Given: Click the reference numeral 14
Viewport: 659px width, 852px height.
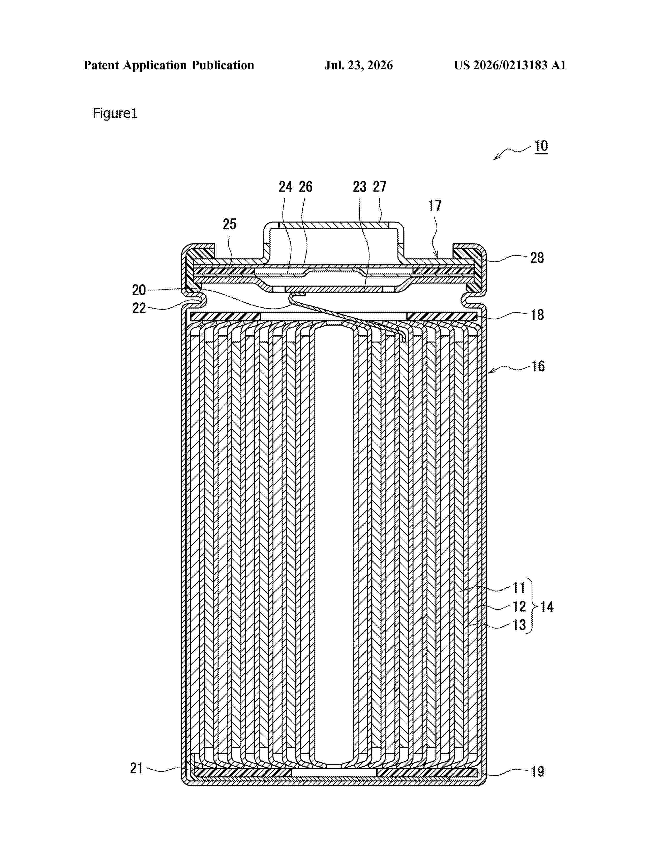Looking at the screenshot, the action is [x=547, y=607].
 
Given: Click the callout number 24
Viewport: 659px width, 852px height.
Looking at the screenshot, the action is [x=285, y=187].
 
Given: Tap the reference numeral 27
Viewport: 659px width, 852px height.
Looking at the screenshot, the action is [x=379, y=187].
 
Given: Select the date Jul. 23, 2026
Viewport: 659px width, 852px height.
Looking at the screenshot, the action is [x=358, y=65].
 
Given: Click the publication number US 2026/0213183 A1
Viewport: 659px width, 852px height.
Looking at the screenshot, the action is [x=510, y=65].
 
